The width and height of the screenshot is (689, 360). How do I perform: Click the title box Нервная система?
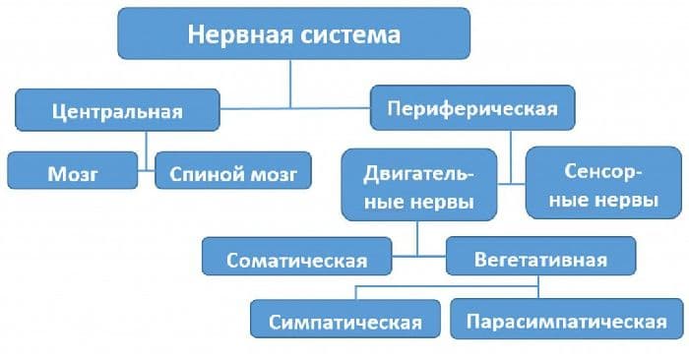point(294,34)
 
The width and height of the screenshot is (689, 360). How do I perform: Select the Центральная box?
point(117,111)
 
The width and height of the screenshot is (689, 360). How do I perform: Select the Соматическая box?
point(296,260)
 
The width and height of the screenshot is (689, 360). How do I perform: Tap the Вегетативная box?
point(540,260)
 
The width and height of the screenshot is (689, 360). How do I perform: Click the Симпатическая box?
point(348,321)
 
